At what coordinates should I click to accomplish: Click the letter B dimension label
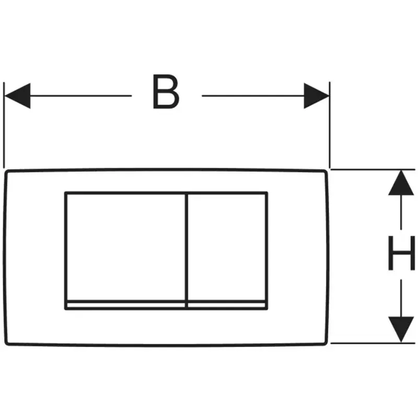166,92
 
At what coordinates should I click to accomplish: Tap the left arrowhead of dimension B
17,96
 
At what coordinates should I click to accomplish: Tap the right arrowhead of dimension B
317,96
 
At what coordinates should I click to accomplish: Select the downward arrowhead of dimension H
401,329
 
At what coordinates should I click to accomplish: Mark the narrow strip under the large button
125,305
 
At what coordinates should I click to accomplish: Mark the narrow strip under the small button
227,305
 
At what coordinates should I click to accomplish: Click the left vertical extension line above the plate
4,125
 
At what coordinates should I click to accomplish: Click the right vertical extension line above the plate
330,125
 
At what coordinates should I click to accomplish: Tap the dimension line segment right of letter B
251,96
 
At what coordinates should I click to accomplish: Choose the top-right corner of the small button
266,193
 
